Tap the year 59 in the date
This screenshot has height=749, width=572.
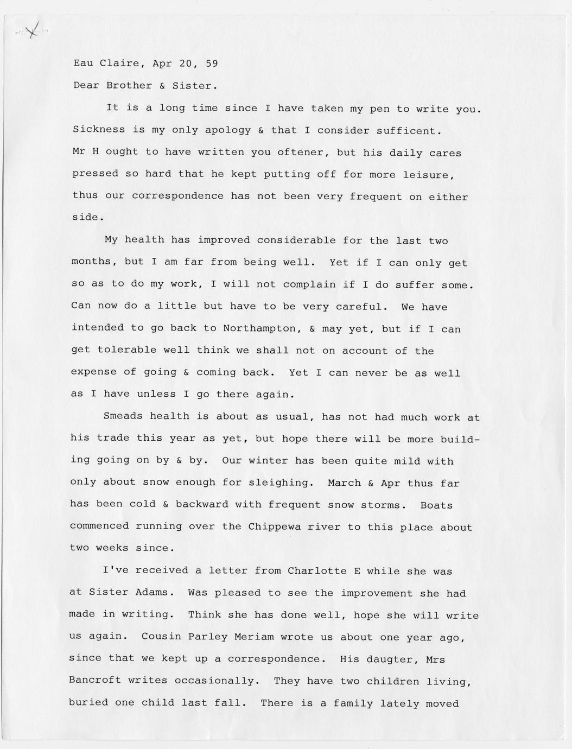coord(212,63)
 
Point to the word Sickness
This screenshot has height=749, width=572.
coord(99,130)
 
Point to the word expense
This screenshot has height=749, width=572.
coord(94,372)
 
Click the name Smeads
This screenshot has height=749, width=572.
coord(123,416)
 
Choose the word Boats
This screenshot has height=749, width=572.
coord(436,505)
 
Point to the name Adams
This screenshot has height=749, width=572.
coord(155,593)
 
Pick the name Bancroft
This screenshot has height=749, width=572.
coord(95,680)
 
